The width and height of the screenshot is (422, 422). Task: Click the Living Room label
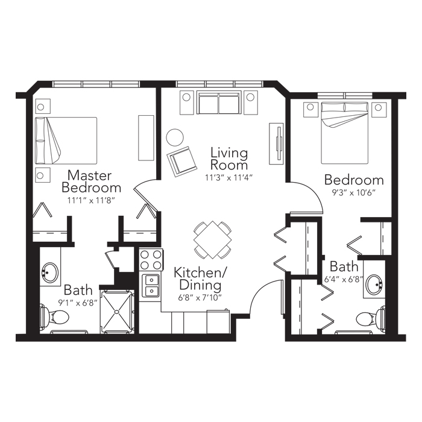229,159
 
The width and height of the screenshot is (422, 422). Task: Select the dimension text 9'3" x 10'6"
354,193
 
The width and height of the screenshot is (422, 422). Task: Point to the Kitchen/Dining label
201,279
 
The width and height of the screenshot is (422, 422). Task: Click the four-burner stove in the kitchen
151,260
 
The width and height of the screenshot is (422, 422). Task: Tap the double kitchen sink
151,286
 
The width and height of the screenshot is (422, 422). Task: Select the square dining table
213,240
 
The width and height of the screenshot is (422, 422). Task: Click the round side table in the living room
175,137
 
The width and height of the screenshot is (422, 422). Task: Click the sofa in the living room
219,102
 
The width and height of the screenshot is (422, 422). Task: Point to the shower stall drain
117,312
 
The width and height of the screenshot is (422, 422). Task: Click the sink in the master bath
50,272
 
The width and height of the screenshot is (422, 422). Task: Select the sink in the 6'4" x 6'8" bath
374,285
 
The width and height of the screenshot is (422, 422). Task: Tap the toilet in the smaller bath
370,319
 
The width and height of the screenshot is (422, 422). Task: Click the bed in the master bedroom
66,140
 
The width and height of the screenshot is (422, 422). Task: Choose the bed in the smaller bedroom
344,133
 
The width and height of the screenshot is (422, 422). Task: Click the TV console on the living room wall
276,143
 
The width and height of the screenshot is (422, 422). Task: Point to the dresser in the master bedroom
146,138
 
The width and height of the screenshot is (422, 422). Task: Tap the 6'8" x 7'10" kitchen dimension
200,298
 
